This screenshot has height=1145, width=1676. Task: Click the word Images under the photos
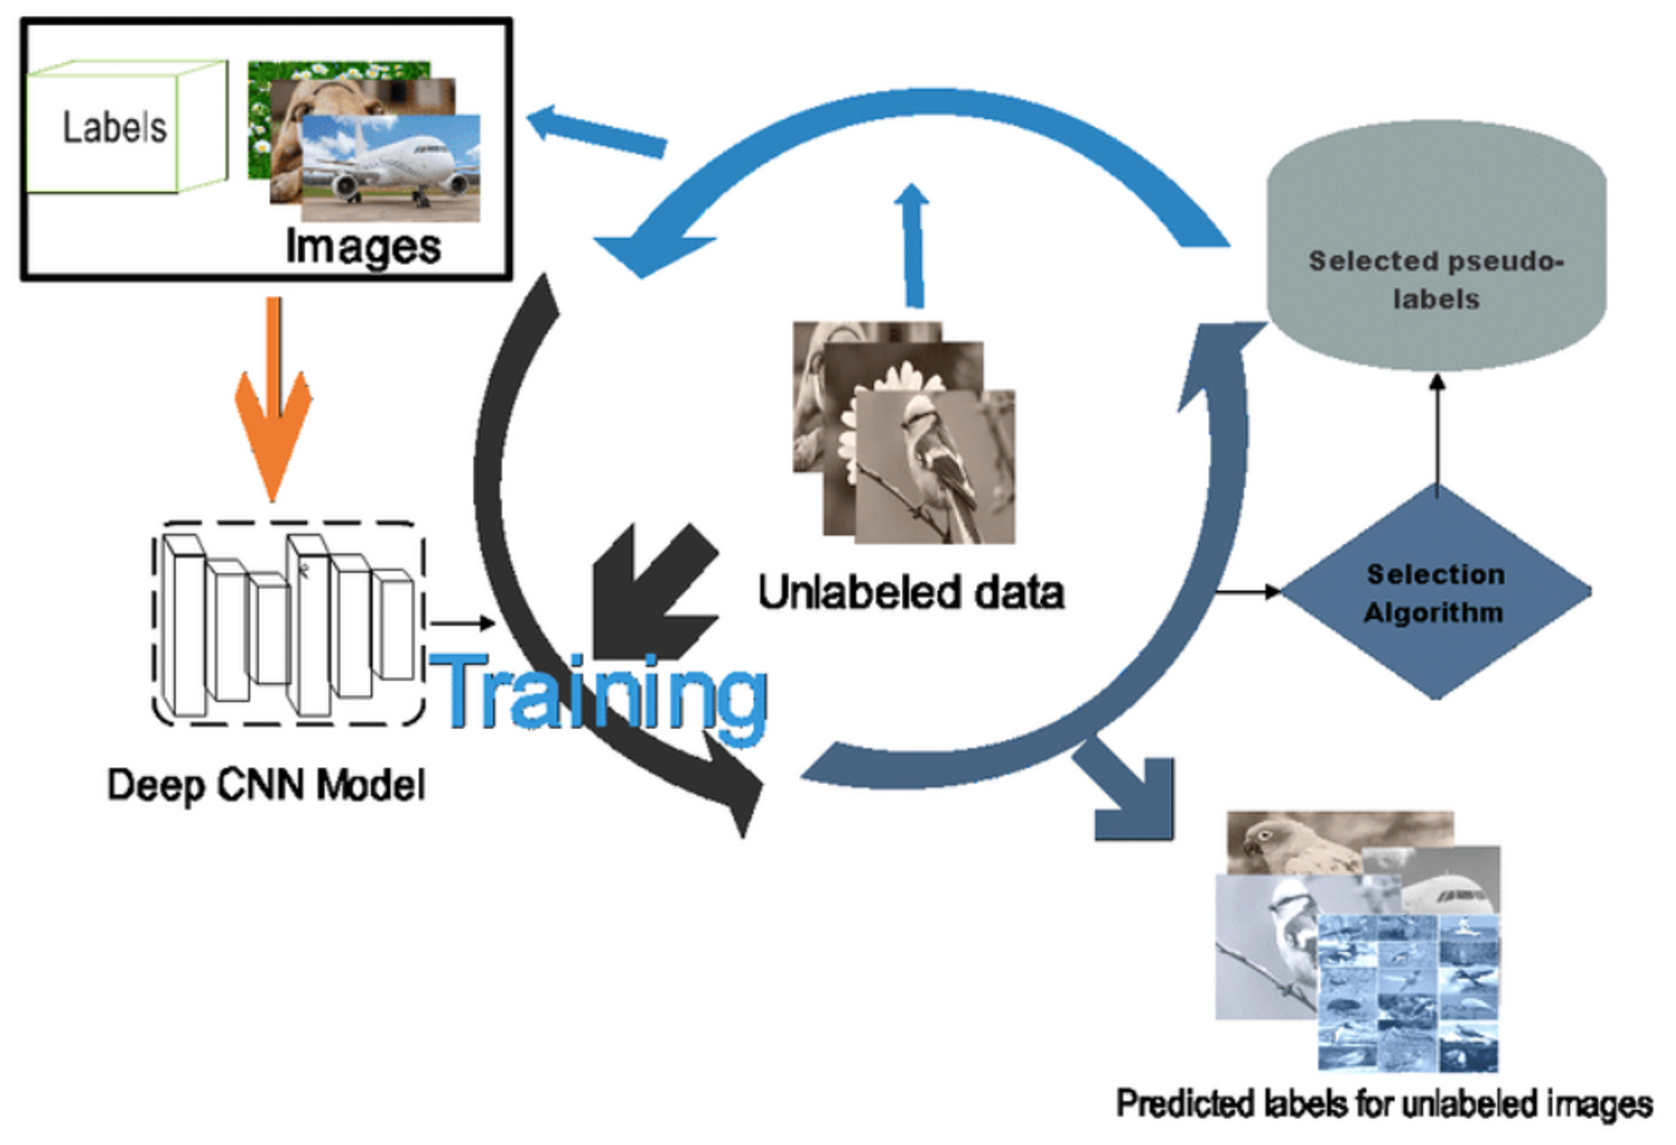click(x=363, y=247)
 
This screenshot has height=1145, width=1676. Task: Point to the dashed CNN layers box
click(x=288, y=624)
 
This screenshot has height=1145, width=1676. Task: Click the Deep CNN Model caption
click(x=266, y=785)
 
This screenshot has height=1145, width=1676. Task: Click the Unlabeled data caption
click(x=911, y=593)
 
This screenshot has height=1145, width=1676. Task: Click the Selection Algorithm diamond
click(x=1435, y=593)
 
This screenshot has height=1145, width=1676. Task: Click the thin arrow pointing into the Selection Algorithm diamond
click(x=1249, y=592)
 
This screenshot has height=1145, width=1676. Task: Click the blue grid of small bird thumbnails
click(x=1408, y=993)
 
